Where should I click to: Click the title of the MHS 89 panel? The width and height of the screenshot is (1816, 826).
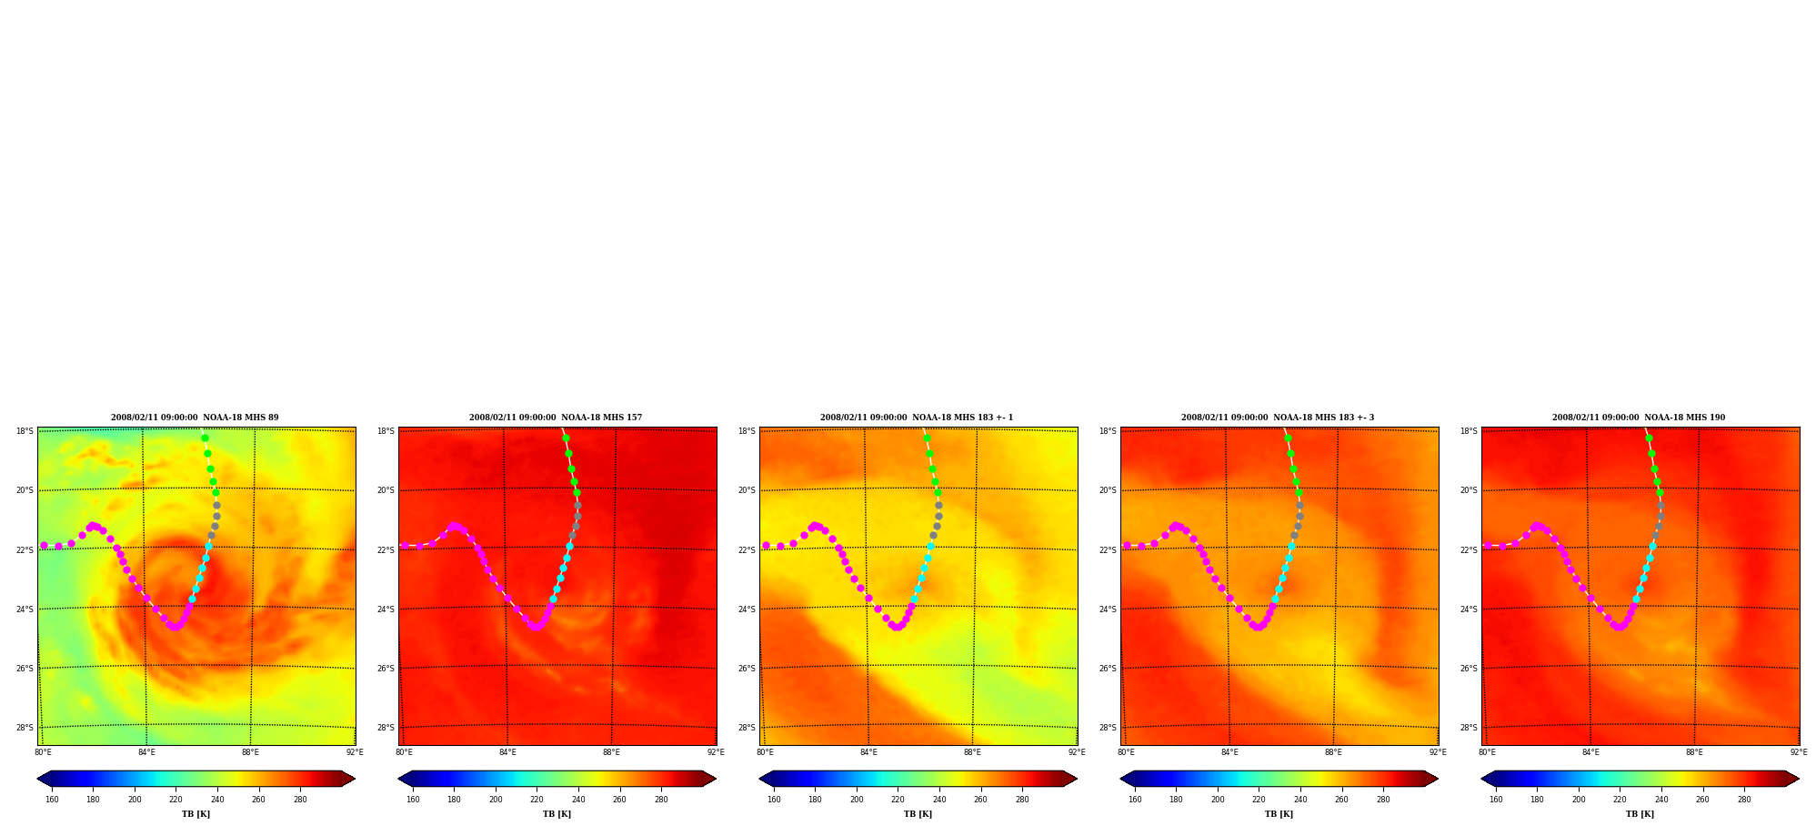pos(195,418)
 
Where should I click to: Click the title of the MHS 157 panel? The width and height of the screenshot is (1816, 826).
pos(556,418)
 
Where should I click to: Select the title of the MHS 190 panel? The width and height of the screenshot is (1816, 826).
pos(1639,418)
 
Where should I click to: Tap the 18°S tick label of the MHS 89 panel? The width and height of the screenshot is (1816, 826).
pos(25,431)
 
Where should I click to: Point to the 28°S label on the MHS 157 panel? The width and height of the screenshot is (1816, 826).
pos(386,728)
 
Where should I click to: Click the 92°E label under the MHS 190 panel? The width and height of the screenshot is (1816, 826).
pos(1799,752)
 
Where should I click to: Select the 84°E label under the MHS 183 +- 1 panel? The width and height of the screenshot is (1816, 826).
pos(868,752)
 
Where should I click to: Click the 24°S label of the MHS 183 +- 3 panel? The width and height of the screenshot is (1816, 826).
pos(1108,609)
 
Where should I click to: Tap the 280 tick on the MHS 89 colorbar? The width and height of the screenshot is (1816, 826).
pos(300,800)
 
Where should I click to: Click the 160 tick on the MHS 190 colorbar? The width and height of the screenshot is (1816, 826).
pos(1496,800)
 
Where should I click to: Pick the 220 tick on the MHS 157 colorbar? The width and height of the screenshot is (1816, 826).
pos(537,800)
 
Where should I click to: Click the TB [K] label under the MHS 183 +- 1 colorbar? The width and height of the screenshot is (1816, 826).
pos(918,814)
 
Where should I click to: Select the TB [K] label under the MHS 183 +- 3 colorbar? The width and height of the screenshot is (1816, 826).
pos(1279,814)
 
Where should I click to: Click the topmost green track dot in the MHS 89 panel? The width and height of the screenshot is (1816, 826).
pos(205,438)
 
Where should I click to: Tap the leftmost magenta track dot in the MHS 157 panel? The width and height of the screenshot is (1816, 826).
pos(405,546)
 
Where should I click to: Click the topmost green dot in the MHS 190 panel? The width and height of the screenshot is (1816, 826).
pos(1649,438)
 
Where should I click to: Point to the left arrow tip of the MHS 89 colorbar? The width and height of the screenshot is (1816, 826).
pos(37,779)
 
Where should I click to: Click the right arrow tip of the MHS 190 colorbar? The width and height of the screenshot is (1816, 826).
pos(1799,779)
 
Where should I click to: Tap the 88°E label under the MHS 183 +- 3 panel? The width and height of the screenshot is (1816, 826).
pos(1333,752)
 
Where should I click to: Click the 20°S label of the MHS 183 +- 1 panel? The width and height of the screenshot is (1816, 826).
pos(747,490)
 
